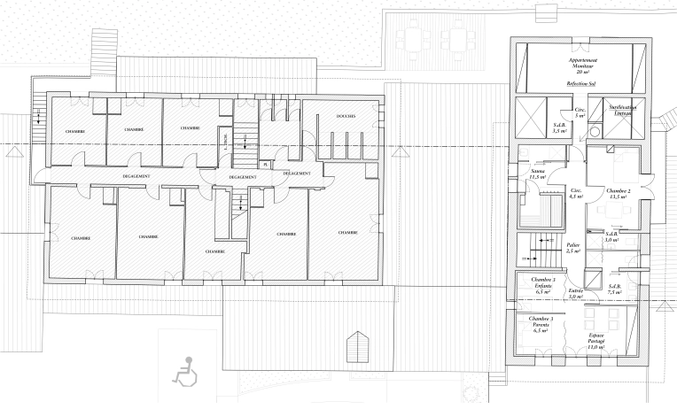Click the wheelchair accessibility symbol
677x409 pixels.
185,369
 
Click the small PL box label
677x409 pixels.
264,165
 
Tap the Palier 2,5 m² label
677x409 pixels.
573,248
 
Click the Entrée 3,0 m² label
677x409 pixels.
575,293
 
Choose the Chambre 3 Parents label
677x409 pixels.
541,322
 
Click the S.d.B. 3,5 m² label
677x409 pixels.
560,127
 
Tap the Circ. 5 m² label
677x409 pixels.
580,112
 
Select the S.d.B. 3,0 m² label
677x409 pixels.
611,236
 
